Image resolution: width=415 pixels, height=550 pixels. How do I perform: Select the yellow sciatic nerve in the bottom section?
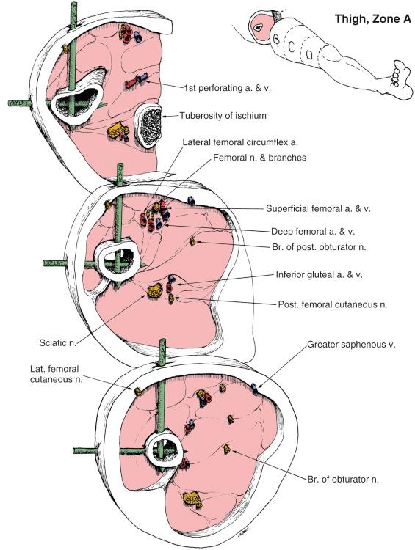click(x=193, y=499)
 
